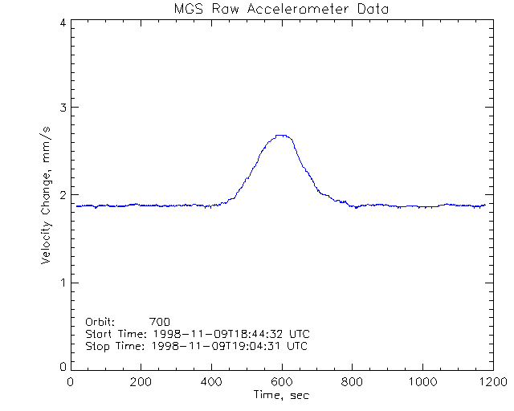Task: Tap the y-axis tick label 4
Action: pyautogui.click(x=62, y=22)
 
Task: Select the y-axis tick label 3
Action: pyautogui.click(x=62, y=108)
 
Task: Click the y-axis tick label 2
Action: pyautogui.click(x=62, y=195)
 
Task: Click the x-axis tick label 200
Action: pyautogui.click(x=141, y=382)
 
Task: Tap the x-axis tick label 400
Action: pyautogui.click(x=211, y=382)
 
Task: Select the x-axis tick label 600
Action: pyautogui.click(x=281, y=382)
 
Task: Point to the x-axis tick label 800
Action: pyautogui.click(x=351, y=382)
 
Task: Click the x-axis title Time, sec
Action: pyautogui.click(x=281, y=395)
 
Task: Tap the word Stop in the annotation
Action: pyautogui.click(x=97, y=346)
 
